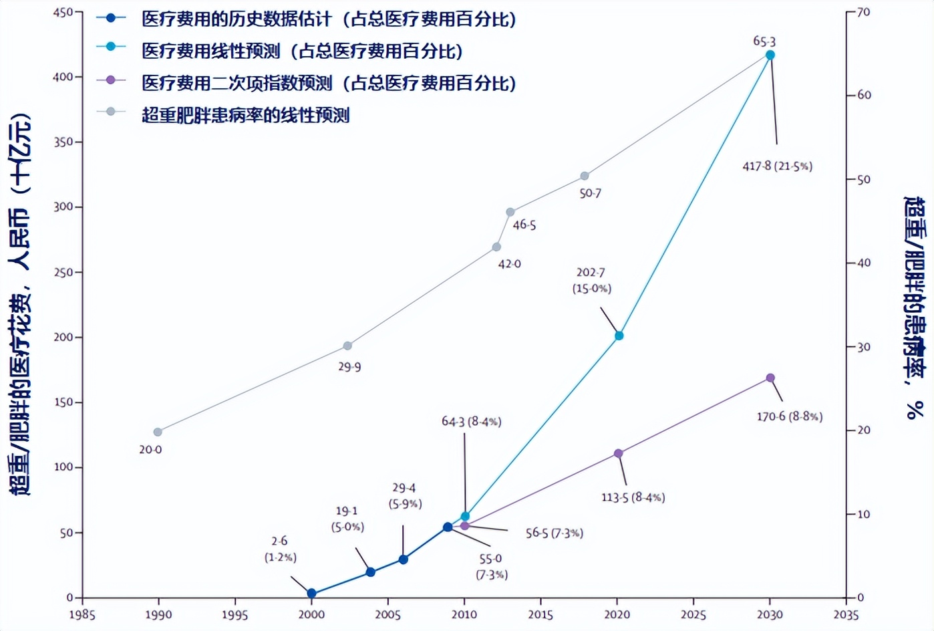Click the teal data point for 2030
click(770, 55)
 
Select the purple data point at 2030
click(770, 378)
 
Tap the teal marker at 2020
click(619, 336)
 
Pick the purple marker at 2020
click(618, 453)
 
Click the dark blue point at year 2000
click(311, 593)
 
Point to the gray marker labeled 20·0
click(158, 432)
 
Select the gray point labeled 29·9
click(347, 346)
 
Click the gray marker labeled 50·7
click(585, 176)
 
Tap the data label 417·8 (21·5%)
click(777, 166)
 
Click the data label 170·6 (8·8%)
click(789, 416)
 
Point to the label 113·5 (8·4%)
click(633, 497)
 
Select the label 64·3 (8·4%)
click(471, 421)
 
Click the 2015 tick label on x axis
click(540, 614)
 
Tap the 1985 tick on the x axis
click(82, 614)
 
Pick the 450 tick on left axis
click(63, 12)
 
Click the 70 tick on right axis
click(864, 12)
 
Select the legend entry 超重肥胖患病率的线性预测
click(245, 115)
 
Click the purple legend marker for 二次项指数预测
click(111, 80)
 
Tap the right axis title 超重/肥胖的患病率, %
click(915, 307)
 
